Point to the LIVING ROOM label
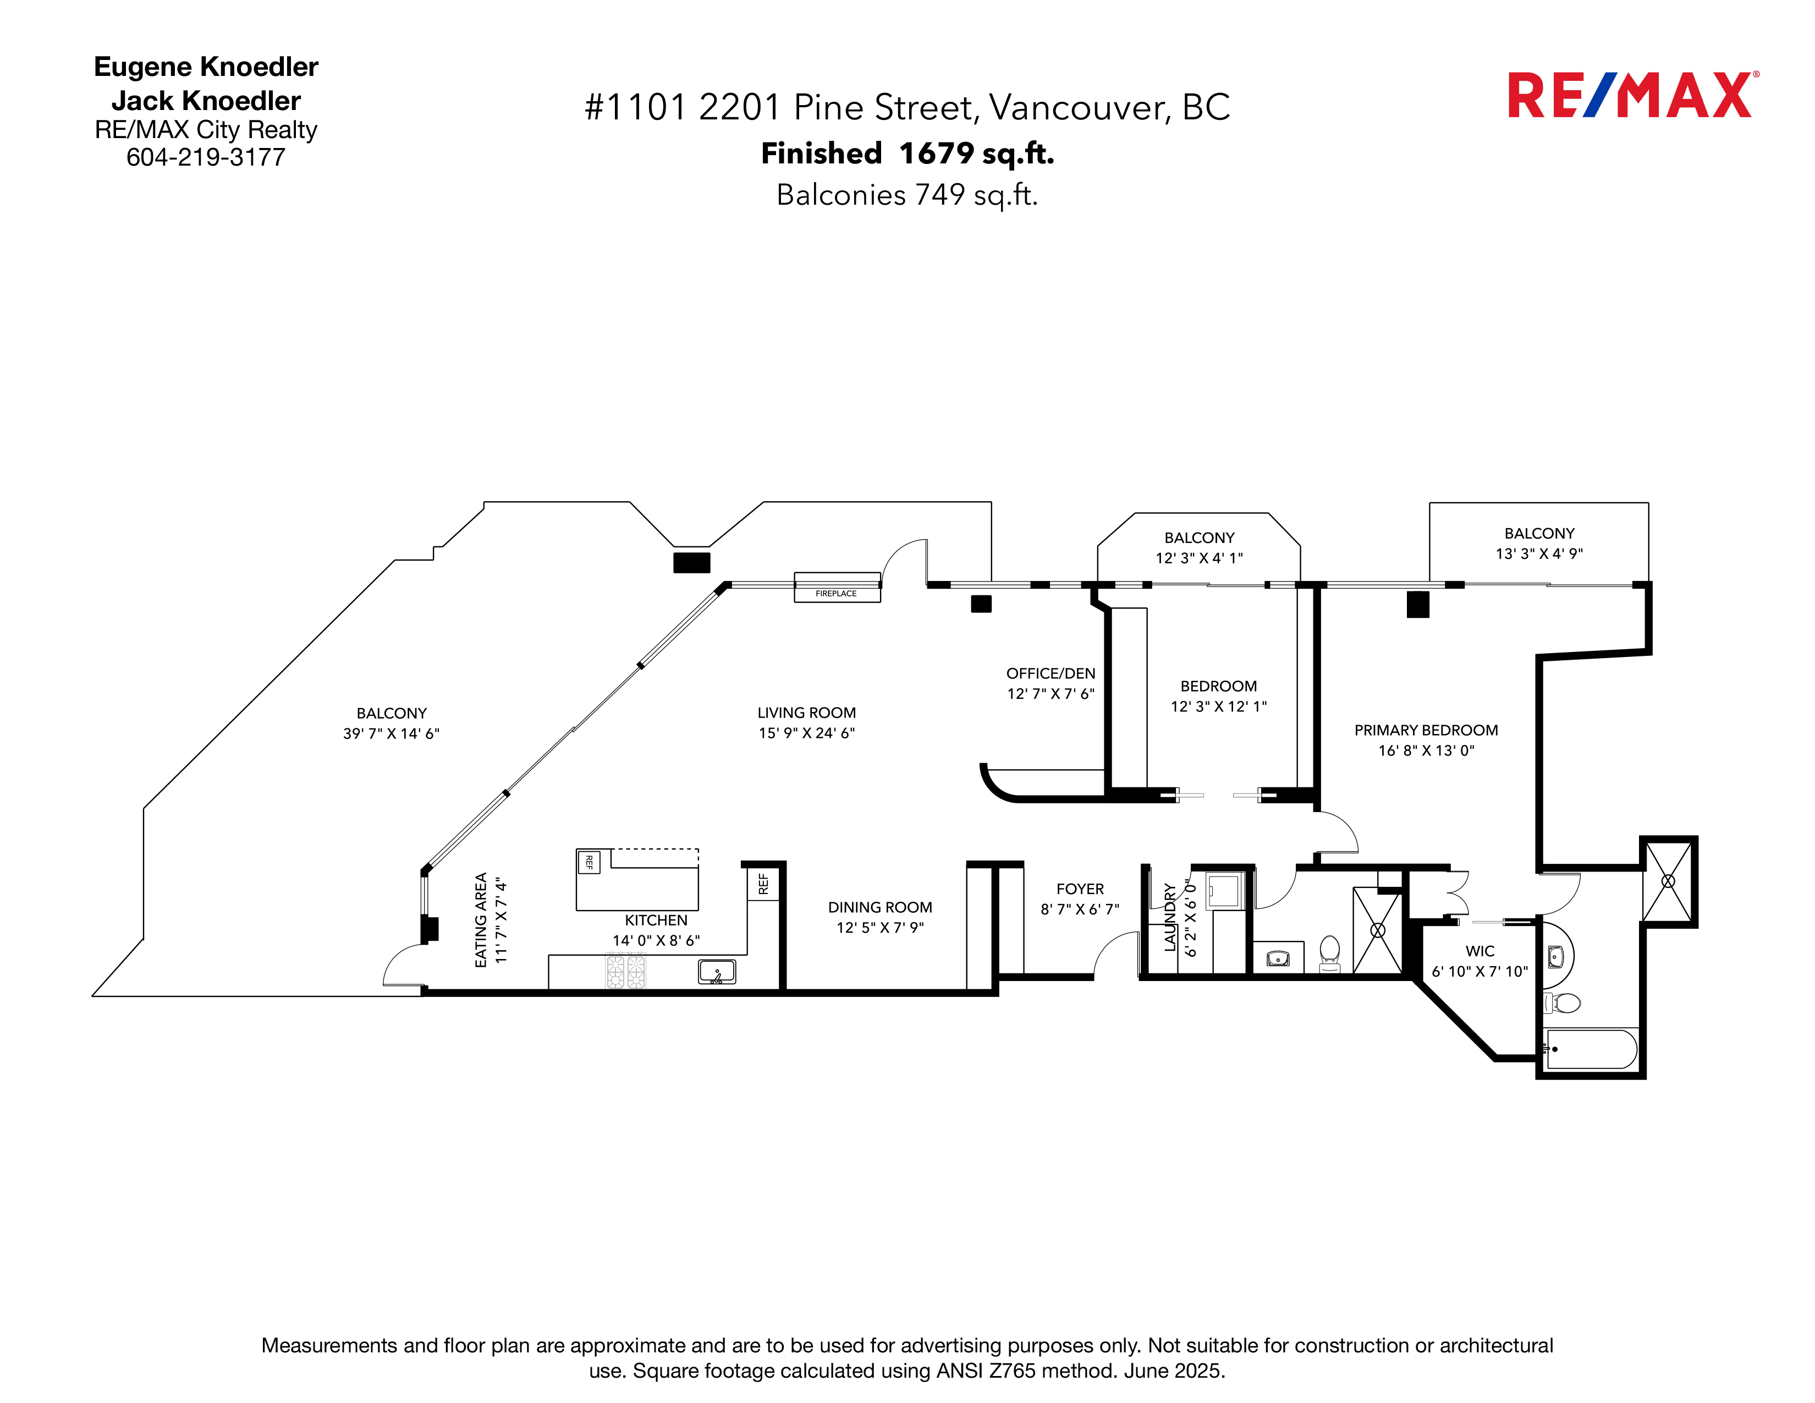click(806, 713)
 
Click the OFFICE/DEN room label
click(1050, 673)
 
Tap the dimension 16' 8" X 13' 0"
click(1426, 750)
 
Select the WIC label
click(1480, 951)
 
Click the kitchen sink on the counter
click(716, 971)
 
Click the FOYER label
click(1080, 889)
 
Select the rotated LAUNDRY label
click(1170, 918)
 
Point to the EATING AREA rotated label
click(480, 920)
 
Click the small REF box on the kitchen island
click(589, 862)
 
